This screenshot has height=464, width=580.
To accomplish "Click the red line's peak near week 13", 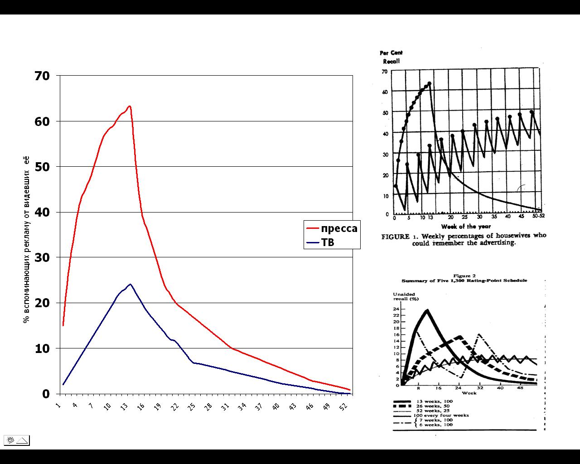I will pos(130,106).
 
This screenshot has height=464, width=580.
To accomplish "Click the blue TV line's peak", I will pos(130,284).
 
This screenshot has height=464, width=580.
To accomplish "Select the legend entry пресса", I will pos(339,228).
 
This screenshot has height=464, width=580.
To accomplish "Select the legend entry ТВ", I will pos(328,242).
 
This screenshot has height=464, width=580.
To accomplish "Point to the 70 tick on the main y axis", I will pos(42,76).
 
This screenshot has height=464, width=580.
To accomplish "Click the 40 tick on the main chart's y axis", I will pos(42,212).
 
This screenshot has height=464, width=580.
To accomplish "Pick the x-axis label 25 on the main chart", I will pos(192,406).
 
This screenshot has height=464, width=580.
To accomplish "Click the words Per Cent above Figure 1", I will pos(391,53).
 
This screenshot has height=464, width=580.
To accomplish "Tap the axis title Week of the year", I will pos(466,226).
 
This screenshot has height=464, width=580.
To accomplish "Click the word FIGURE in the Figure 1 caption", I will pos(395,236).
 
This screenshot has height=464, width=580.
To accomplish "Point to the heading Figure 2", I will pos(464,275).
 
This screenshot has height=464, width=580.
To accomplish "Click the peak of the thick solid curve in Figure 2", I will pos(427,310).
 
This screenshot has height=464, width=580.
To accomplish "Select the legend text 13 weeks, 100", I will pos(429,401).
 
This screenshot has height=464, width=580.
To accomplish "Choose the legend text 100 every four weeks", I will pos(440,415).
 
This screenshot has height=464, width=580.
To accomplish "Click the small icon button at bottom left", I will pos(17,440).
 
